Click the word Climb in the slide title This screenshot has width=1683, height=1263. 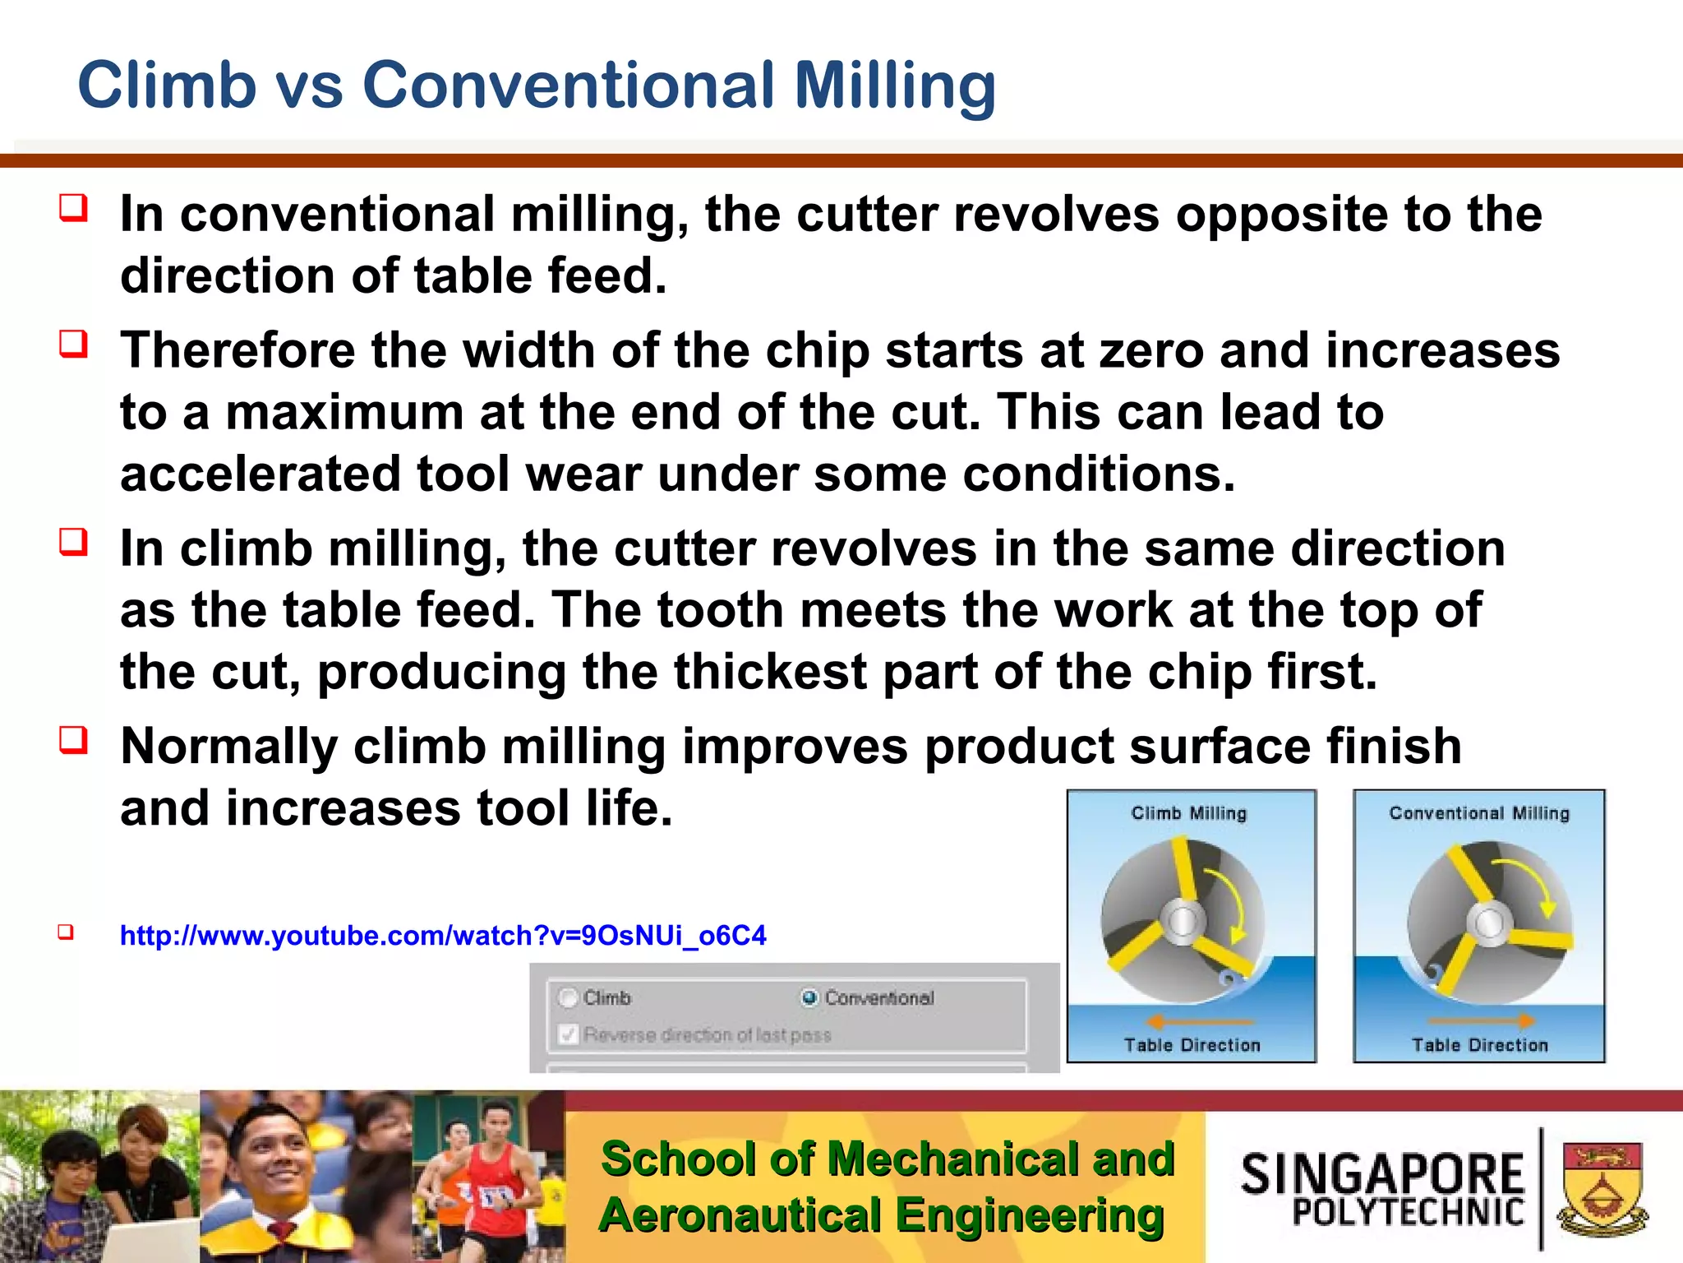tap(167, 85)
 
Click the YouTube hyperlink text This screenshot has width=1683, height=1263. tap(443, 936)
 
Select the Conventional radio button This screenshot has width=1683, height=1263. tap(809, 997)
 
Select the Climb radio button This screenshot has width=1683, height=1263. tap(569, 997)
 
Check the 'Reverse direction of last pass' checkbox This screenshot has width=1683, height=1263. tap(569, 1034)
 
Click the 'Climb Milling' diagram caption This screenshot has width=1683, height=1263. tap(1188, 813)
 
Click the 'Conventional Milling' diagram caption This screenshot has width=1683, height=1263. tap(1479, 813)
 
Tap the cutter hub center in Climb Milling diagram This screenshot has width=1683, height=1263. tap(1183, 921)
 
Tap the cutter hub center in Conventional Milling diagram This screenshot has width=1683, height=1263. tap(1489, 923)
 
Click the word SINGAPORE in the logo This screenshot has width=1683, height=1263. tap(1382, 1173)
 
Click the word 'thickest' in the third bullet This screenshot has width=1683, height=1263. tap(770, 672)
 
